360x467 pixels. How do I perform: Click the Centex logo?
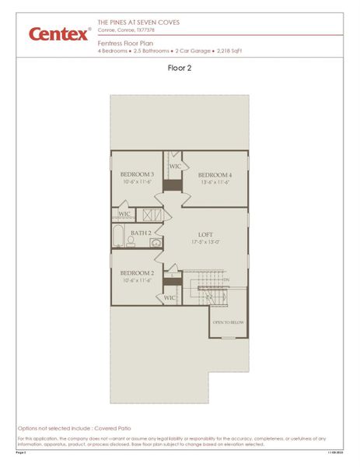pos(58,34)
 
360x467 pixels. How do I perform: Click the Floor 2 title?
pos(180,68)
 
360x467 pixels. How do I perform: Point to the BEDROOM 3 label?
pos(137,174)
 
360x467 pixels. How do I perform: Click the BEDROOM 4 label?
pos(215,175)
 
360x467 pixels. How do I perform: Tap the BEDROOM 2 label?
pos(137,273)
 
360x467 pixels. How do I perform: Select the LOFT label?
pos(206,234)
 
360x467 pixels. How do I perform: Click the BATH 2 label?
pos(141,233)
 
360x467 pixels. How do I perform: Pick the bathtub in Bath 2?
pos(119,236)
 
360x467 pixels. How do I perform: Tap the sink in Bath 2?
pos(156,243)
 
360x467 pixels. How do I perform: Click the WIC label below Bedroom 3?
pos(124,213)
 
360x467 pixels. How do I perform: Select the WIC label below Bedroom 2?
pos(170,297)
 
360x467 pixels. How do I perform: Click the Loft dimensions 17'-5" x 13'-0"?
pos(206,242)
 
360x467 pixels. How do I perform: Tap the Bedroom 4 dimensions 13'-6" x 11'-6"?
pos(215,183)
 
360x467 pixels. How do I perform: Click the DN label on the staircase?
pos(226,279)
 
